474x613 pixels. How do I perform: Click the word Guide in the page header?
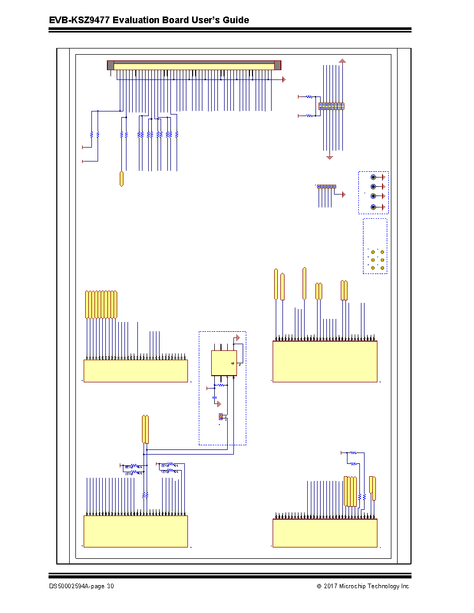click(x=236, y=20)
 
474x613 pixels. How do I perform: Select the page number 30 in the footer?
click(x=110, y=586)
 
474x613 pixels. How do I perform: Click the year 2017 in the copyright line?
click(x=330, y=586)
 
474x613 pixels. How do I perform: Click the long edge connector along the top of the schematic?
click(x=194, y=66)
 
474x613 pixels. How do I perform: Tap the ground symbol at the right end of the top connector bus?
click(x=284, y=79)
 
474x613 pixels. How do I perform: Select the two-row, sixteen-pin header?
click(x=331, y=106)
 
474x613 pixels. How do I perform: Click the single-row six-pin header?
click(x=326, y=186)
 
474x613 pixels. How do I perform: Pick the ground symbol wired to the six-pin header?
click(x=344, y=195)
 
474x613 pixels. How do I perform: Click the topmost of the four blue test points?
click(x=373, y=177)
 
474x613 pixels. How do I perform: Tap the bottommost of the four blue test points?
click(x=373, y=207)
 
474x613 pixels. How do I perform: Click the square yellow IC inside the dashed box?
click(x=224, y=363)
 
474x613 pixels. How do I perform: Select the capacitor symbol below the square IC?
click(x=214, y=398)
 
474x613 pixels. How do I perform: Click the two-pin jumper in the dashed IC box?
click(x=220, y=417)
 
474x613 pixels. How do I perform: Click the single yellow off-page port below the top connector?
click(x=122, y=179)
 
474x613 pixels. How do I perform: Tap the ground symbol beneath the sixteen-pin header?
click(x=330, y=157)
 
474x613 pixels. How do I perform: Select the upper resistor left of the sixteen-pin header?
click(x=309, y=96)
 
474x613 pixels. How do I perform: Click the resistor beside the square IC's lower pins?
click(x=221, y=385)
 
